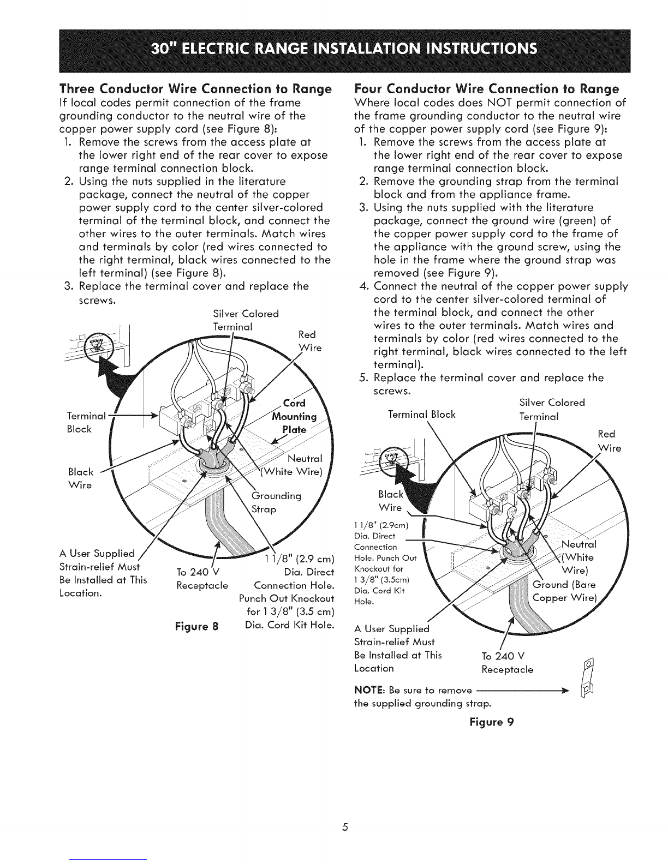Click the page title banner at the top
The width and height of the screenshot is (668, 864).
[x=333, y=48]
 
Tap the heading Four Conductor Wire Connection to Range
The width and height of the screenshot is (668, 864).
[x=486, y=89]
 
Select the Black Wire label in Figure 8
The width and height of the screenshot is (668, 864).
[x=81, y=478]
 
